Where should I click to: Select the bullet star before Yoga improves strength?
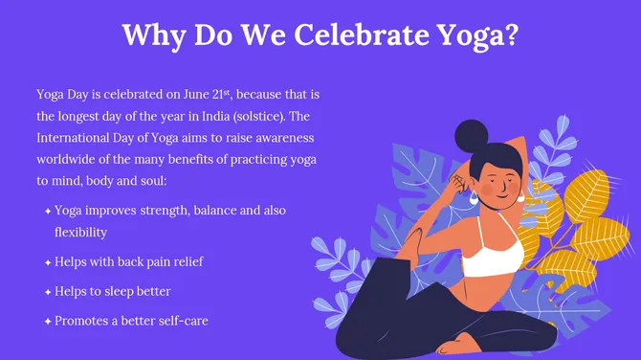point(47,211)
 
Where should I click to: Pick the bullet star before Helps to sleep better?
point(47,291)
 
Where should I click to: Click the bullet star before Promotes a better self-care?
point(47,321)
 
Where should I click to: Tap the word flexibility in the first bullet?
point(80,233)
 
